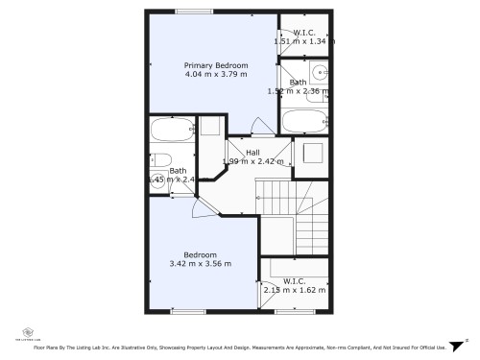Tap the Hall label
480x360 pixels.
click(x=252, y=153)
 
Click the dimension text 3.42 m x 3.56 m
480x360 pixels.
click(x=201, y=264)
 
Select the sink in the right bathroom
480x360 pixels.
click(x=320, y=73)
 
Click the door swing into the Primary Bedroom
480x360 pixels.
click(x=258, y=128)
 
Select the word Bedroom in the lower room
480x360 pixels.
click(x=201, y=254)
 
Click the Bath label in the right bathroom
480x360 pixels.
click(x=299, y=83)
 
